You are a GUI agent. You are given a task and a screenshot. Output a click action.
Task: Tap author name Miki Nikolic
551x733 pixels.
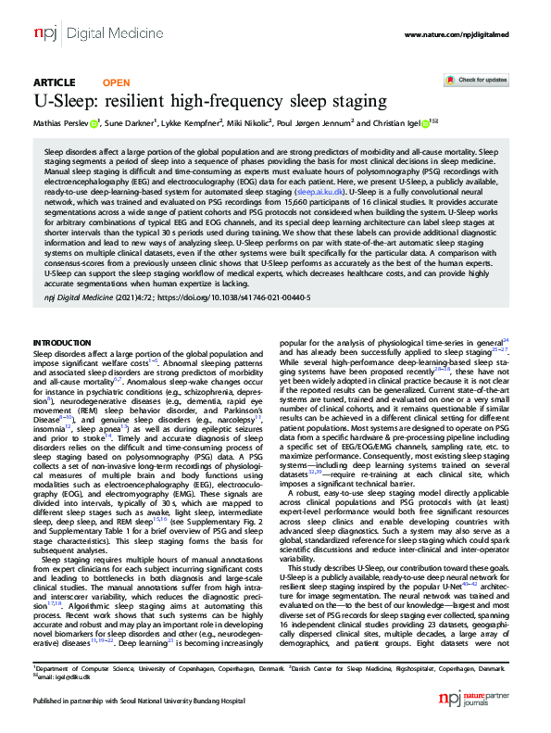tap(248, 123)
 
